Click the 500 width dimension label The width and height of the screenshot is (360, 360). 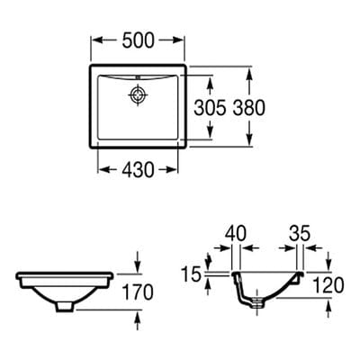[139, 39]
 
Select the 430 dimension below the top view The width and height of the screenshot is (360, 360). [140, 167]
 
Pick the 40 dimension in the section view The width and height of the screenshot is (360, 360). [237, 233]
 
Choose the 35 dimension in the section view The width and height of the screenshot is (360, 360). [300, 233]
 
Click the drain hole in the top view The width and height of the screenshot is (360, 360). [139, 94]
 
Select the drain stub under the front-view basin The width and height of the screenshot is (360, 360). [64, 306]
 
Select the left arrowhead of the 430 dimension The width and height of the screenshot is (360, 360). [101, 167]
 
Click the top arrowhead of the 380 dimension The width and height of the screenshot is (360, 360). [249, 68]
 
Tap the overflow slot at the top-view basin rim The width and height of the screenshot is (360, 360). [139, 76]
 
